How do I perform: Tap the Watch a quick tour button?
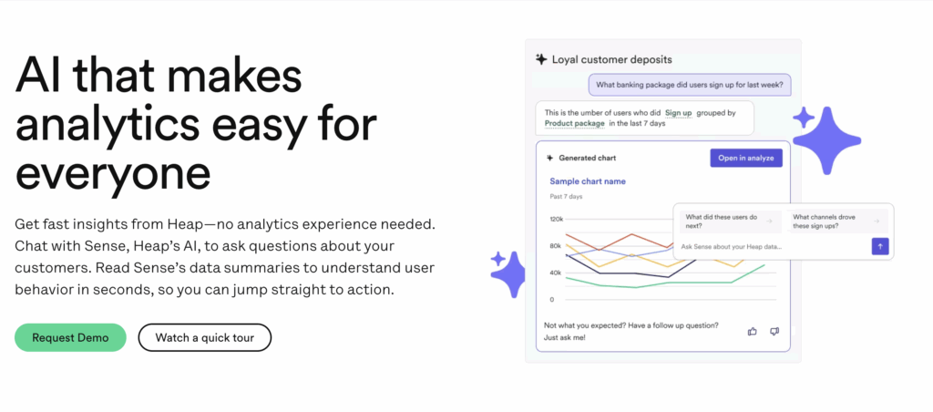[x=204, y=337]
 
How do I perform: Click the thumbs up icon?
[x=753, y=331]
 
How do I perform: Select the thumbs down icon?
[x=774, y=331]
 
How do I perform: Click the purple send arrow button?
[x=879, y=246]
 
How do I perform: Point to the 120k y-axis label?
[x=557, y=220]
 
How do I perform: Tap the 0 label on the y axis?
[x=551, y=299]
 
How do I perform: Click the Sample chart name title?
[x=588, y=181]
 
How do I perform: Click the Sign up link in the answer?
[x=678, y=112]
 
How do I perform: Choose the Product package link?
[x=575, y=123]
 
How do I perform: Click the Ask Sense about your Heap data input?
[x=770, y=246]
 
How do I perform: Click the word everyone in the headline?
[x=113, y=170]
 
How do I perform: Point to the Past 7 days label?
[x=566, y=197]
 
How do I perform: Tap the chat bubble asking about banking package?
[x=689, y=86]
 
